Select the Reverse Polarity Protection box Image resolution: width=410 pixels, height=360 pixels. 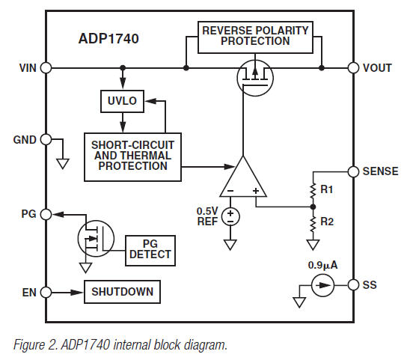pyautogui.click(x=256, y=37)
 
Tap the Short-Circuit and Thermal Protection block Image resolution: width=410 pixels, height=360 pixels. pyautogui.click(x=131, y=156)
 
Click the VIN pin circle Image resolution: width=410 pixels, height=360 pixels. pyautogui.click(x=46, y=67)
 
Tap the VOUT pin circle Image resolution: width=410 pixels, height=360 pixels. pyautogui.click(x=352, y=67)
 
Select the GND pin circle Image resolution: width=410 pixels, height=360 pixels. pyautogui.click(x=46, y=140)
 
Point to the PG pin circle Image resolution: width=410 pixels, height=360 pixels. pyautogui.click(x=46, y=214)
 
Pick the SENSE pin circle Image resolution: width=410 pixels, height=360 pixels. pyautogui.click(x=352, y=171)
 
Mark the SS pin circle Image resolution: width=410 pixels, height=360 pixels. pyautogui.click(x=352, y=284)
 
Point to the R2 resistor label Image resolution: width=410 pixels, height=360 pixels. pyautogui.click(x=327, y=222)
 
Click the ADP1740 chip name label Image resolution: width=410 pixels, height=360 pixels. pyautogui.click(x=111, y=38)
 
